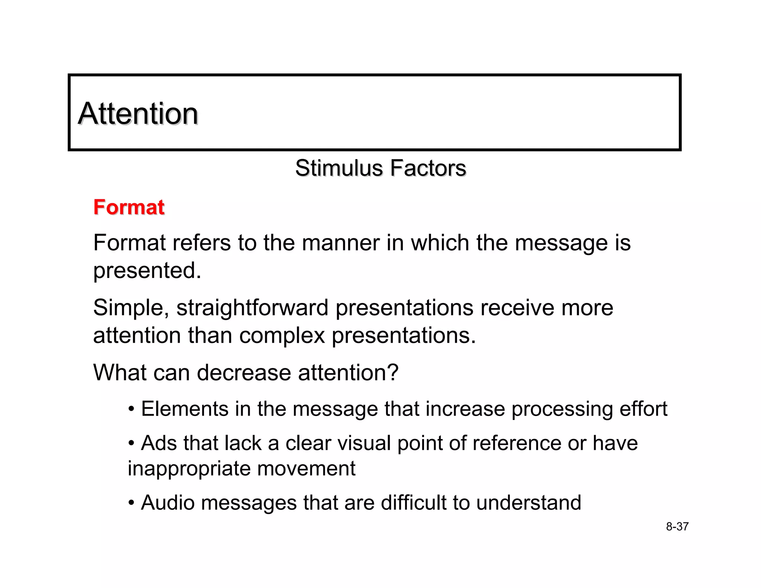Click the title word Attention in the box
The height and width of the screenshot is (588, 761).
(x=138, y=113)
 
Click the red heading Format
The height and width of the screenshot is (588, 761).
(x=129, y=207)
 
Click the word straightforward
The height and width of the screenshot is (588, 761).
(x=252, y=308)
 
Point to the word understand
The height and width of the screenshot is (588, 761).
(x=528, y=503)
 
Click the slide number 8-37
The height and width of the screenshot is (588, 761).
(x=677, y=527)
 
